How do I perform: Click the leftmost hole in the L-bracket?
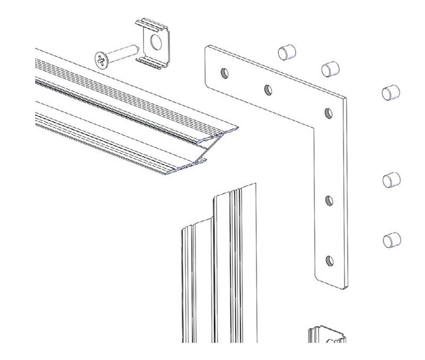pos(225,72)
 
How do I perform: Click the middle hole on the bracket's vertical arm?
pos(329,201)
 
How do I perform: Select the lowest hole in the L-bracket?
pos(329,260)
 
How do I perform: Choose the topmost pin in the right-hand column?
pos(391,92)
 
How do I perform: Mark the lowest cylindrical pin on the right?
pos(391,240)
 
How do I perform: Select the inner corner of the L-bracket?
pos(313,130)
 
